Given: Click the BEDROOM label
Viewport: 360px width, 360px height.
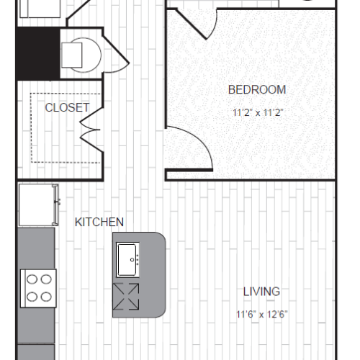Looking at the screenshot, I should [256, 90].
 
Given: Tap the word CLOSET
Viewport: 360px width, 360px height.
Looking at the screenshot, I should [67, 108].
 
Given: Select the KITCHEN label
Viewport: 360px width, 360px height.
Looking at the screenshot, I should [99, 222].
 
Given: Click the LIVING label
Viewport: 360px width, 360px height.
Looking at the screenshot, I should [261, 292].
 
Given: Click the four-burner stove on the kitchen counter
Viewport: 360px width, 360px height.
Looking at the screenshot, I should [37, 286].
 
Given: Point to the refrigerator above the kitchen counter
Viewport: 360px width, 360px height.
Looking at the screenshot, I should [36, 204].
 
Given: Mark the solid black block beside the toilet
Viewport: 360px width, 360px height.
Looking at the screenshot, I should [37, 54].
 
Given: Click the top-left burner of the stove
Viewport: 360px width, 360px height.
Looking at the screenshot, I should [31, 279].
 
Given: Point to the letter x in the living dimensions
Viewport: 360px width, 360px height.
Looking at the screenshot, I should [261, 314].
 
